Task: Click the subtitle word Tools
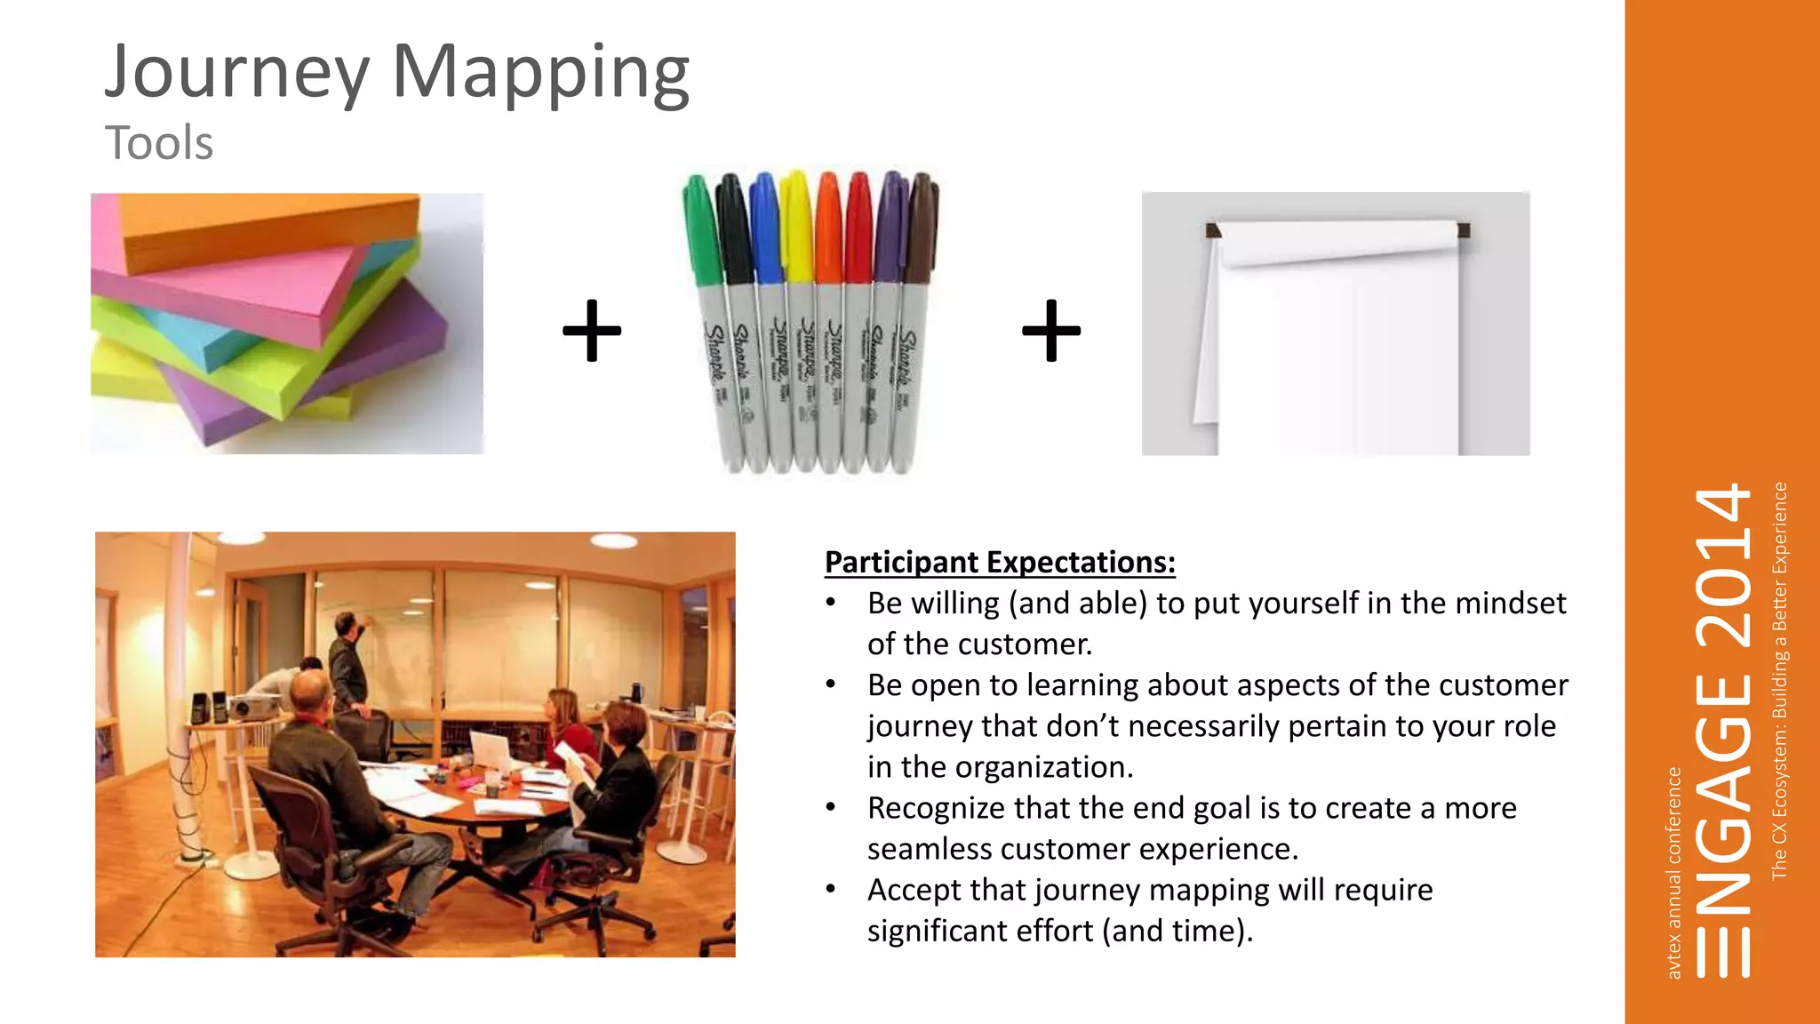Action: [x=159, y=143]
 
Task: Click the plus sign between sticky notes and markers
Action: [x=592, y=331]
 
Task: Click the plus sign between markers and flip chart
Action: [x=1051, y=331]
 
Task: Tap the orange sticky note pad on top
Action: [x=267, y=227]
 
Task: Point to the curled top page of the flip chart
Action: [x=1333, y=244]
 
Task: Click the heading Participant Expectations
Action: [x=1000, y=563]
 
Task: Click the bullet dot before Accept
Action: [x=831, y=889]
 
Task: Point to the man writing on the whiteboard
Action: [x=347, y=662]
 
